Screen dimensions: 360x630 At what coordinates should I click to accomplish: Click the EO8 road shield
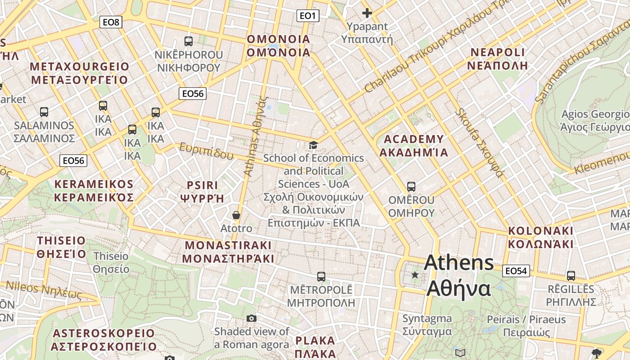111,22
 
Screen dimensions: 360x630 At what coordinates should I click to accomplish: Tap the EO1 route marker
308,16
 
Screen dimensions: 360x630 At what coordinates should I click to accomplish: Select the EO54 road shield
516,271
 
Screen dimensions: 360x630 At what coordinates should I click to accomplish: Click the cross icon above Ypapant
367,13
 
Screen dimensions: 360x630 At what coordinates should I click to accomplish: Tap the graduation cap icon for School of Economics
313,145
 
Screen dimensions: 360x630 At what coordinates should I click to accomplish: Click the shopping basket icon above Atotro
236,216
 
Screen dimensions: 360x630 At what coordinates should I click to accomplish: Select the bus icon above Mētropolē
321,276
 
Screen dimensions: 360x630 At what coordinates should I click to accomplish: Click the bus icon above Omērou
411,186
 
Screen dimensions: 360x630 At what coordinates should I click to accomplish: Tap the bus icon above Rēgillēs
571,276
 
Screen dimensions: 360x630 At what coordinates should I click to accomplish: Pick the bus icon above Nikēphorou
188,41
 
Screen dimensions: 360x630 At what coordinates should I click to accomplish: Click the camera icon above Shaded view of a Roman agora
252,319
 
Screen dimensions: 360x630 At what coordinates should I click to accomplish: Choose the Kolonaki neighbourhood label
540,238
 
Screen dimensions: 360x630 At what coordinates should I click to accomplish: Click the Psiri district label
202,192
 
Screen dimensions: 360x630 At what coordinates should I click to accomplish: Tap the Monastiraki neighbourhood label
228,252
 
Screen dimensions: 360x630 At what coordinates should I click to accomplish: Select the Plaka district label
315,346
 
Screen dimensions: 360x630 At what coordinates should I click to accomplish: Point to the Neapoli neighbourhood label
497,58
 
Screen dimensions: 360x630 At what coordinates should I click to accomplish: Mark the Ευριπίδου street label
207,151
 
